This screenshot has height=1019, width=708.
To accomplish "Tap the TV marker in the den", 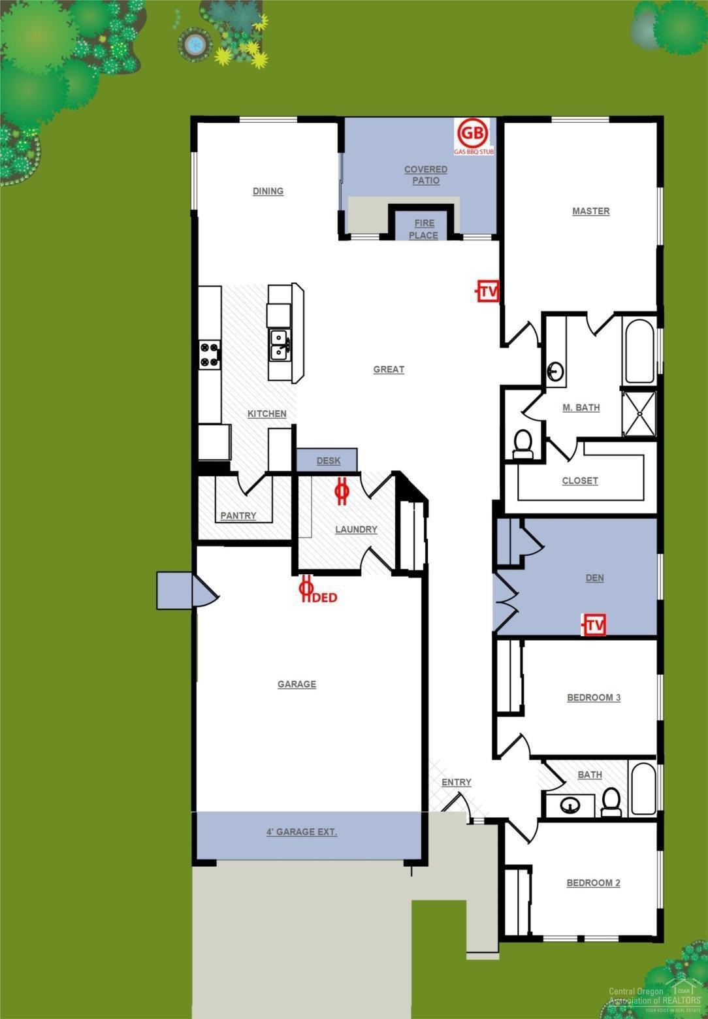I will coord(594,625).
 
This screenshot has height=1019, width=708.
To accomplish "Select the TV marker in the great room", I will coord(487,291).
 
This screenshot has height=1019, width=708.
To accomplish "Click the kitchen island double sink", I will coord(281,345).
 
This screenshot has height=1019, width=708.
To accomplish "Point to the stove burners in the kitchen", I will coord(210,355).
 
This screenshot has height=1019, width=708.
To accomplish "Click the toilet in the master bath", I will coord(523,443).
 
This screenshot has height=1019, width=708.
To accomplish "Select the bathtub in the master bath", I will coord(639,351).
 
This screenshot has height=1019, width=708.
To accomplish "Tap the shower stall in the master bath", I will coord(639,413).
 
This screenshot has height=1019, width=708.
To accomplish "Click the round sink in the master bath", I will coord(555,372).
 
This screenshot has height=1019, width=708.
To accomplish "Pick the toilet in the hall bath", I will coord(612,802).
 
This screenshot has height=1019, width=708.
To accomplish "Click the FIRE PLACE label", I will coord(423,229).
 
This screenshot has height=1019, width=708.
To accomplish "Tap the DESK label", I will coord(328,461).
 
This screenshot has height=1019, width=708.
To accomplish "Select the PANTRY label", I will coord(238,515).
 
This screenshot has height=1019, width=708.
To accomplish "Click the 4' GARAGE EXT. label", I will coord(302,832).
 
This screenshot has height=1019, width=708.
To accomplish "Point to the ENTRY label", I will coord(456,782).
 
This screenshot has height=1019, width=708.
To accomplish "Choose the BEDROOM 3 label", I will coord(593,697).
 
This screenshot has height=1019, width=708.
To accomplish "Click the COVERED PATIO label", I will coord(425,174).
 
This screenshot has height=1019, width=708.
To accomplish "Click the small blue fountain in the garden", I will coord(194,44).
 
